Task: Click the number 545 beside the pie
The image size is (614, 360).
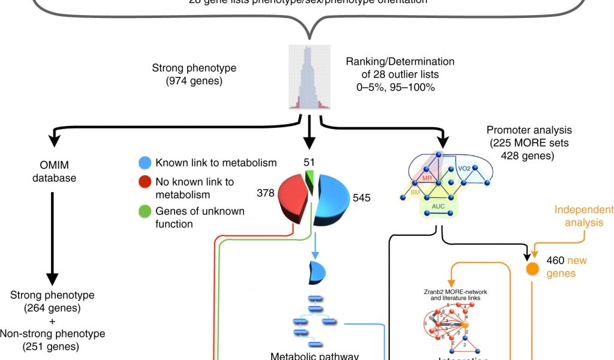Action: (363, 197)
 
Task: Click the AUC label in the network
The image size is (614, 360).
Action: (439, 205)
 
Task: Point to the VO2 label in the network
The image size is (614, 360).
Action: (465, 169)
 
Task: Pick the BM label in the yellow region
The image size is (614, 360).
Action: (415, 192)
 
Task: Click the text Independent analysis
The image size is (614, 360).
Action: (584, 216)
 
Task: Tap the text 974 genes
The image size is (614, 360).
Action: (194, 81)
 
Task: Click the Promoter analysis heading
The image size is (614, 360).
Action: (529, 130)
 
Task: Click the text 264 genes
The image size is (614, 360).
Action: (52, 308)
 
